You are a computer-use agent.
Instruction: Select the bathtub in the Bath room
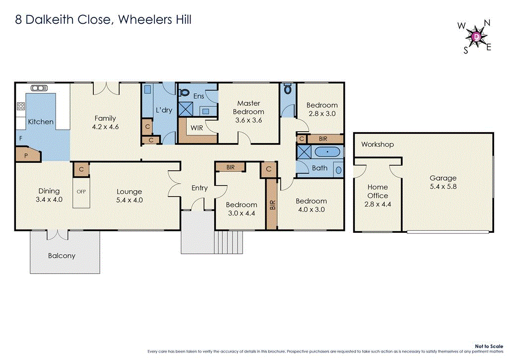[328, 151]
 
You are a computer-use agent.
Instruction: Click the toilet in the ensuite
[183, 92]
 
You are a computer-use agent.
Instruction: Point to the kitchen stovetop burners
[21, 106]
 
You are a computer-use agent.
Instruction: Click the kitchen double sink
[39, 88]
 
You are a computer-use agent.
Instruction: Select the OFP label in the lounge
[81, 191]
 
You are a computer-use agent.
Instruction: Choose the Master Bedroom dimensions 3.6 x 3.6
[249, 120]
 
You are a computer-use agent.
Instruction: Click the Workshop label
[377, 144]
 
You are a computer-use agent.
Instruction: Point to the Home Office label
[378, 191]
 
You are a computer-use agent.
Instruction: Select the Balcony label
[62, 256]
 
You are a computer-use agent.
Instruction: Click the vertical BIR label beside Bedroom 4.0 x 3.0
[272, 206]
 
